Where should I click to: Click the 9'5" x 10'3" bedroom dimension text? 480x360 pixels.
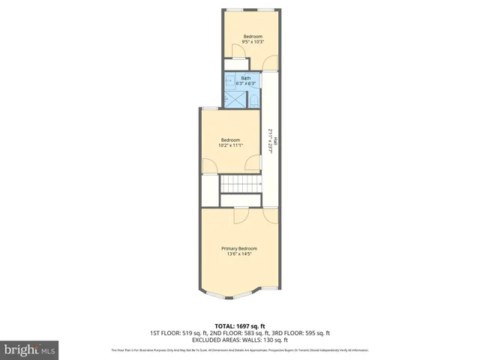(x=253, y=43)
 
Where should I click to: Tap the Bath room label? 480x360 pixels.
(x=246, y=78)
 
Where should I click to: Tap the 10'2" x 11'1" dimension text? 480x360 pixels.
(x=230, y=145)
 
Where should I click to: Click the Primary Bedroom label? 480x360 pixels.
(x=238, y=248)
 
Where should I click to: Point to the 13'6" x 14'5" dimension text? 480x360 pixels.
(x=238, y=254)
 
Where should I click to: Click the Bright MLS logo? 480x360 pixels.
(x=30, y=349)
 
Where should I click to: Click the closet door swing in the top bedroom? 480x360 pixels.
(x=237, y=54)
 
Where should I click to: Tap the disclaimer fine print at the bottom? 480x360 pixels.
(x=240, y=350)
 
